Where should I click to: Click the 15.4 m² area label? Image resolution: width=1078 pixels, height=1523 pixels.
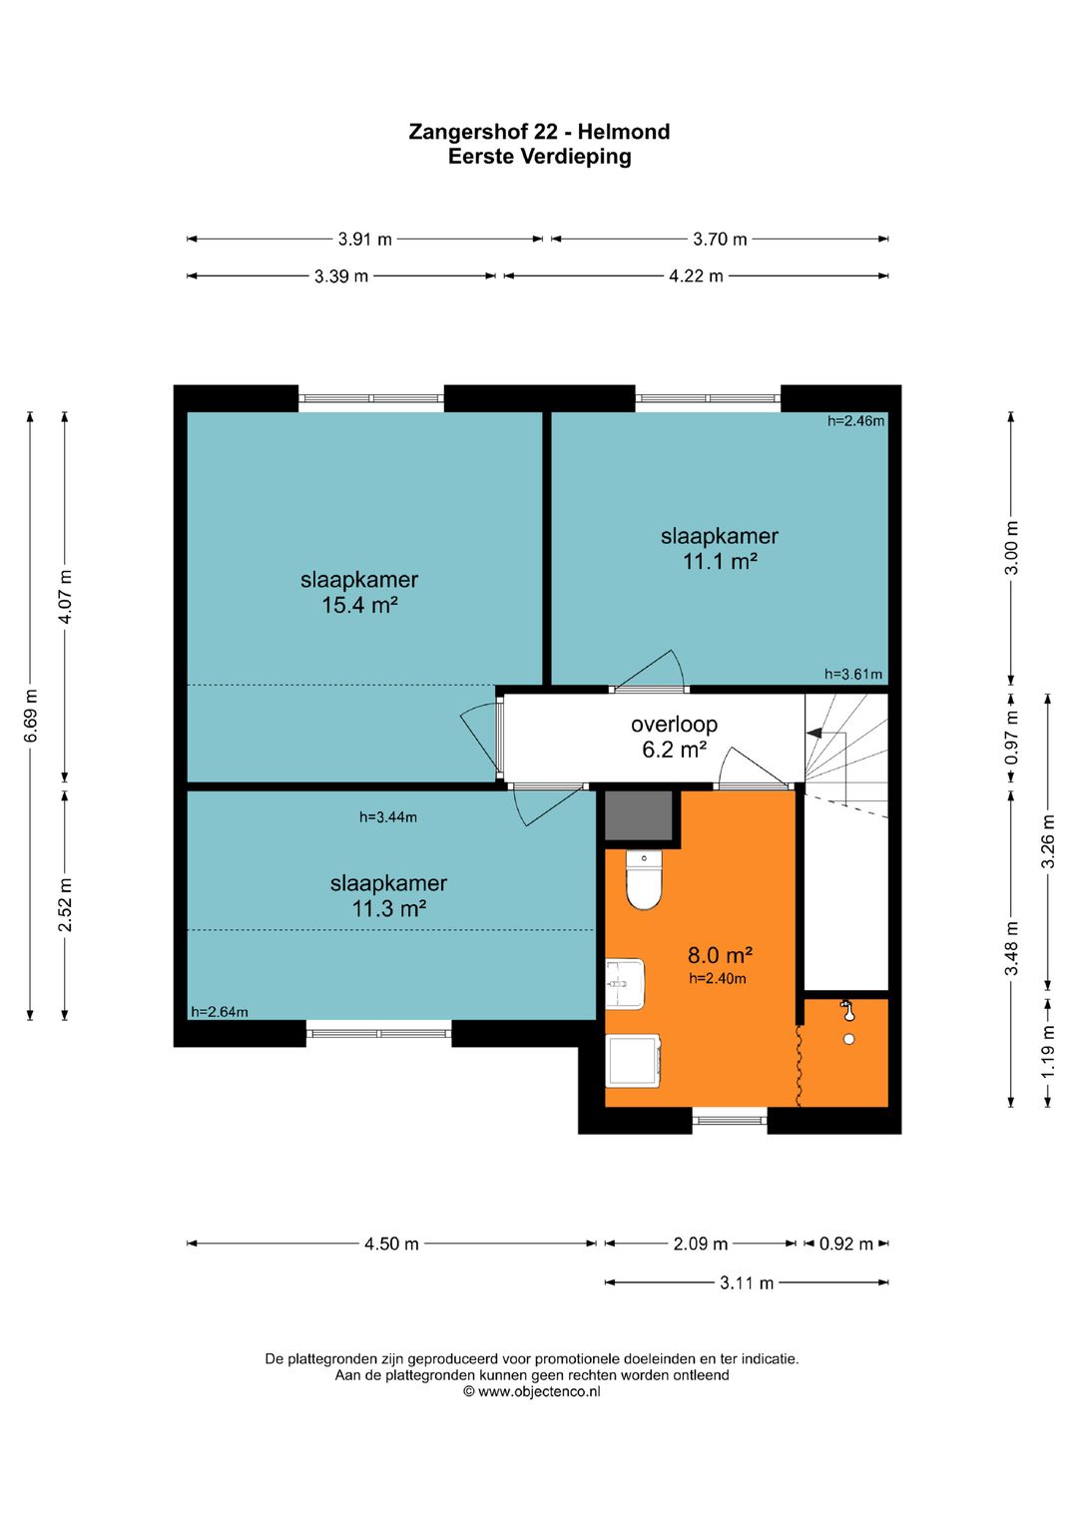coord(359,605)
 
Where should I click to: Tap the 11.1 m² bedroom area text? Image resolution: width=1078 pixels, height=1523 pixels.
coord(720,561)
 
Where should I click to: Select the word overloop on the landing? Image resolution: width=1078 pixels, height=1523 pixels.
coord(674,725)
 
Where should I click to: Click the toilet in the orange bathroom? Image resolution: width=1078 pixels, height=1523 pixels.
coord(644,879)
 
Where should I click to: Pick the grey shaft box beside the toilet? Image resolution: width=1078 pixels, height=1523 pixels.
coord(638,815)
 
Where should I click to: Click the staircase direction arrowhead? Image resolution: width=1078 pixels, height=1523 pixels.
coord(813,734)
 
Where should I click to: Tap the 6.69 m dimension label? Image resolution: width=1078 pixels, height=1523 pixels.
coord(31,716)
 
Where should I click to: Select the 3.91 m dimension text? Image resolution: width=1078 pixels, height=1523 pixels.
coord(364,240)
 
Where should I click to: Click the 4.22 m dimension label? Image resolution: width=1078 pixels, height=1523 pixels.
coord(696,276)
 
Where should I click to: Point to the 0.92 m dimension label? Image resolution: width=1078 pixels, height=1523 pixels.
coord(846,1245)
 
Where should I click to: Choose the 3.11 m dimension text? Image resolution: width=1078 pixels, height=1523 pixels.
coord(747,1283)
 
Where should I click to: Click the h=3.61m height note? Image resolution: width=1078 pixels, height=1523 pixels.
coord(853,674)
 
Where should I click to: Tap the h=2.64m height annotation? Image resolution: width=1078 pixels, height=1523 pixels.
coord(219,1012)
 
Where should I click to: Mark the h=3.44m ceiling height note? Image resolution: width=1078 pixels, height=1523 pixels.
coord(388,817)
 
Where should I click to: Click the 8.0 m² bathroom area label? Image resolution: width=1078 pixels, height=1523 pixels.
coord(720,955)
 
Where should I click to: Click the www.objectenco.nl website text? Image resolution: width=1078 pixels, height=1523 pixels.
coord(539,1391)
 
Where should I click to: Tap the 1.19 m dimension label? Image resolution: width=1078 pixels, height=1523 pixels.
coord(1048,1051)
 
